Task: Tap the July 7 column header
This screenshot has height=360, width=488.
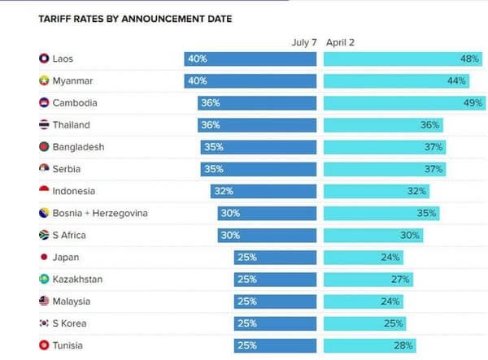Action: pyautogui.click(x=304, y=42)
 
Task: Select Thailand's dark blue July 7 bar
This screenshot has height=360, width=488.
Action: pyautogui.click(x=256, y=125)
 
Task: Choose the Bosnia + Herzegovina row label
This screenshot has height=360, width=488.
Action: pyautogui.click(x=100, y=214)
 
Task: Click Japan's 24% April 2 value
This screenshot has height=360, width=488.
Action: pyautogui.click(x=390, y=258)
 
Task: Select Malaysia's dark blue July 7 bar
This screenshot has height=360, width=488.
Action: pyautogui.click(x=275, y=301)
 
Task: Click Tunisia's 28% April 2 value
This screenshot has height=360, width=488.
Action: pyautogui.click(x=403, y=345)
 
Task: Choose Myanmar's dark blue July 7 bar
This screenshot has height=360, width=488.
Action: pyautogui.click(x=250, y=81)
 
